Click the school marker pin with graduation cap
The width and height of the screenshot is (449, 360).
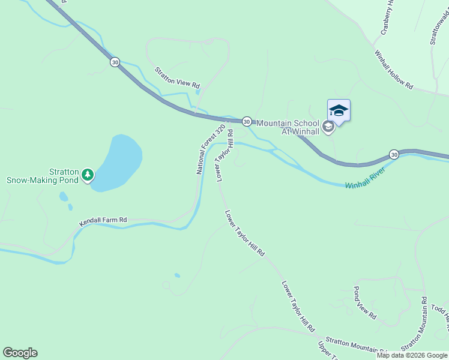pyautogui.click(x=339, y=111)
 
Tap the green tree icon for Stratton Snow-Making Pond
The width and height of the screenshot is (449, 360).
pyautogui.click(x=88, y=175)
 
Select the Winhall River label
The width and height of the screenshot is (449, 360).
pyautogui.click(x=364, y=178)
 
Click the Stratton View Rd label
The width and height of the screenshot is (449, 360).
pyautogui.click(x=177, y=78)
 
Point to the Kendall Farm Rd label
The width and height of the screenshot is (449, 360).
pyautogui.click(x=103, y=221)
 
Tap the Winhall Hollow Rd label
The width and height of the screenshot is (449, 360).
pyautogui.click(x=394, y=70)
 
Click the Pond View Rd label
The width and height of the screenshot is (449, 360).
pyautogui.click(x=364, y=302)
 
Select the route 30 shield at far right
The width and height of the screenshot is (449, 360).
pyautogui.click(x=394, y=154)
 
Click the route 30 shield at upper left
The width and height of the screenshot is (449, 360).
pyautogui.click(x=115, y=62)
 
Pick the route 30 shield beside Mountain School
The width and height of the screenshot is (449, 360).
pyautogui.click(x=246, y=121)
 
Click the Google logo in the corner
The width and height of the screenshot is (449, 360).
pyautogui.click(x=20, y=353)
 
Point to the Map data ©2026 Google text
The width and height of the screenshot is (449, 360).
pyautogui.click(x=412, y=355)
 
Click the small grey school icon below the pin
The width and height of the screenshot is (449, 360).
pyautogui.click(x=328, y=127)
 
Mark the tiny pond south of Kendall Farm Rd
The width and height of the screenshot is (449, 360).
pyautogui.click(x=177, y=275)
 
